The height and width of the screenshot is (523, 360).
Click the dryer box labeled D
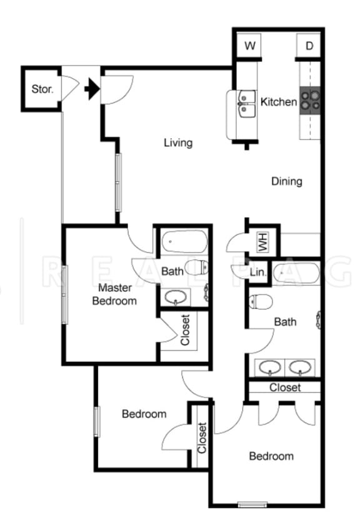point(309,46)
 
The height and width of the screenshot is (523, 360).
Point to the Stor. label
point(42,89)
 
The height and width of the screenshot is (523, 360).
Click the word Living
point(178,143)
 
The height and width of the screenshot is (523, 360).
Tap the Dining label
point(287,182)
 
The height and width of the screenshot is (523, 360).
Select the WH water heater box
point(262,241)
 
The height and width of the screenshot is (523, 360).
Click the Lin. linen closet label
point(257,272)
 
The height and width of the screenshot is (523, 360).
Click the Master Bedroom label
point(114,294)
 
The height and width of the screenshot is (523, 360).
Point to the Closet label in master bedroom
point(185,329)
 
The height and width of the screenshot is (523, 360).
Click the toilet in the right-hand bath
point(259,302)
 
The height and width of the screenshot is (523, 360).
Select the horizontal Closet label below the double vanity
point(285,387)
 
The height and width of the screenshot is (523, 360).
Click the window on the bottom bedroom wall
point(252,504)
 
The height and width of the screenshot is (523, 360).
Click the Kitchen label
point(279,101)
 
